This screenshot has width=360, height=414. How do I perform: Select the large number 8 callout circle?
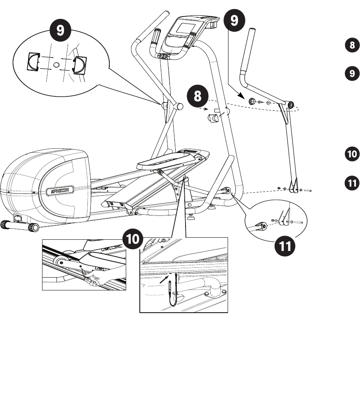[198, 97]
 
